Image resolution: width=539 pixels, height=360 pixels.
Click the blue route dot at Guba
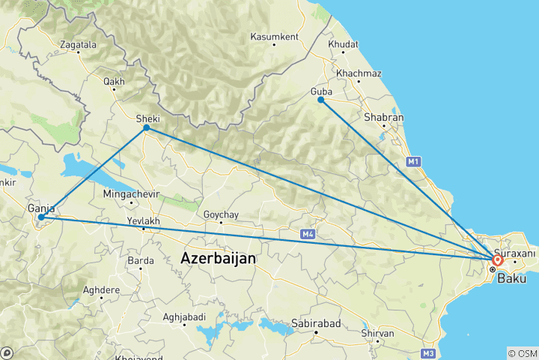[x=320, y=100]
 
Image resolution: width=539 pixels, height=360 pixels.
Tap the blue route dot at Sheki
[x=147, y=128]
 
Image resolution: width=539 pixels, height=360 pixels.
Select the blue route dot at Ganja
[x=40, y=217]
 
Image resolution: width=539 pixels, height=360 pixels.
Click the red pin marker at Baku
[x=498, y=260]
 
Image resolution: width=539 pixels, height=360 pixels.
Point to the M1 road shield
[x=412, y=161]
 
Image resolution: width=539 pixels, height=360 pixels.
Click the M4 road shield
[x=308, y=235]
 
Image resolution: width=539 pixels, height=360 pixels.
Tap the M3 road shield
[x=428, y=352]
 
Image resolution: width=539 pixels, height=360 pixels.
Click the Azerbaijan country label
[x=218, y=258]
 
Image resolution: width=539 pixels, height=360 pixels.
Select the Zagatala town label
[x=78, y=45]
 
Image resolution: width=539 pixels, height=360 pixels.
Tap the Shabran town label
[x=383, y=118]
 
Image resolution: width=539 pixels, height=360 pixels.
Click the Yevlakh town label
[x=144, y=221]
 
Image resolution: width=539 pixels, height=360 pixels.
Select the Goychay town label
[x=221, y=215]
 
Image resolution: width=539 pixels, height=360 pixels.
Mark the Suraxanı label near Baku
[x=515, y=253]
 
